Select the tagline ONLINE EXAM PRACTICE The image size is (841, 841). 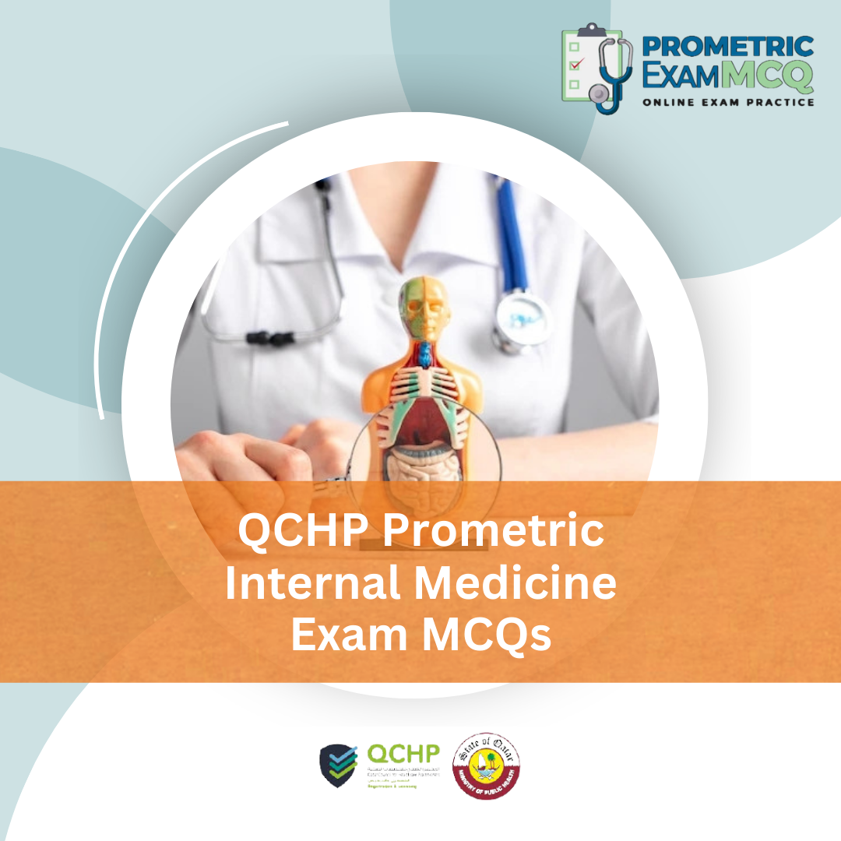[x=728, y=102]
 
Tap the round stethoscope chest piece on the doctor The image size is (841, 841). [x=521, y=319]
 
